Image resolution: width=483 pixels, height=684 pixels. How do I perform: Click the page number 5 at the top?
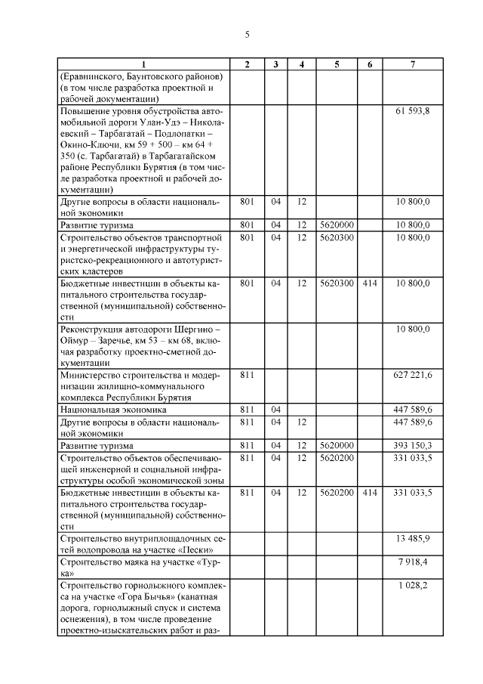[x=247, y=34]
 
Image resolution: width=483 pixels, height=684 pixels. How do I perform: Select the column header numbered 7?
[x=412, y=64]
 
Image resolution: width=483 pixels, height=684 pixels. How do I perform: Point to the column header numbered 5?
[x=336, y=64]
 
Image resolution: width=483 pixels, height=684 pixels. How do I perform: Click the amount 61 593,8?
[x=412, y=111]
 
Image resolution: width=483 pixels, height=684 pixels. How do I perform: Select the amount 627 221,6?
[x=412, y=375]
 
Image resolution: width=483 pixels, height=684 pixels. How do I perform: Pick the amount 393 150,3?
[x=412, y=445]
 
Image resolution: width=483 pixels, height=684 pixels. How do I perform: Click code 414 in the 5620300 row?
[x=369, y=283]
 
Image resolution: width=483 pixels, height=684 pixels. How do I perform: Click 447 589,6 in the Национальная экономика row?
[x=412, y=410]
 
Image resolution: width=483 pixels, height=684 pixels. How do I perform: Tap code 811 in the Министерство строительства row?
[x=247, y=375]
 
